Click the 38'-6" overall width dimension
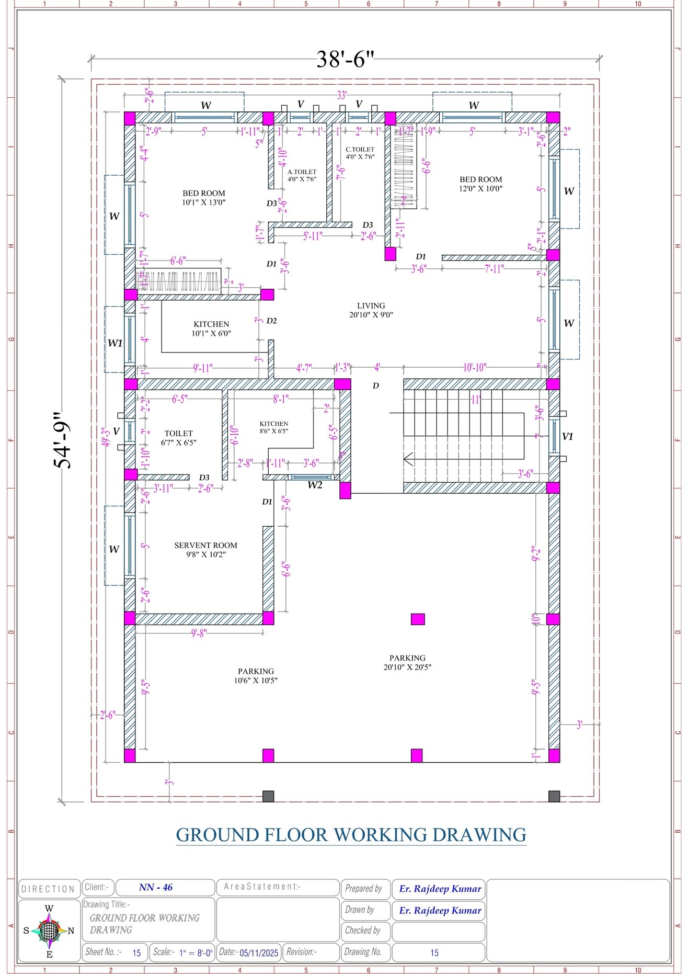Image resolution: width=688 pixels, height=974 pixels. [x=345, y=59]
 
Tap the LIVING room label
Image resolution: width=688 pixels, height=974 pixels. [x=371, y=310]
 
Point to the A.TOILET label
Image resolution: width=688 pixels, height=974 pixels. [x=302, y=175]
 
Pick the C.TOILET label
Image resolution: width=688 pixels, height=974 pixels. [x=360, y=153]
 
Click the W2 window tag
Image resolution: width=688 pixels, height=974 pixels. [x=315, y=485]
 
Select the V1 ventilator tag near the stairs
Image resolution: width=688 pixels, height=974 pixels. [x=567, y=436]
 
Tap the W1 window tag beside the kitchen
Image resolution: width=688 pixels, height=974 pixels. [x=115, y=343]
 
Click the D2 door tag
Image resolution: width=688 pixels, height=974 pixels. [x=271, y=321]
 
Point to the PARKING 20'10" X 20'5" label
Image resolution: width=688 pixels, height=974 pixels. [x=407, y=662]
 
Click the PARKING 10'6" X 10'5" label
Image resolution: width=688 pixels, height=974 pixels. [x=256, y=676]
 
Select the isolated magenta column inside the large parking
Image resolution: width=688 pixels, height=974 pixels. [x=417, y=619]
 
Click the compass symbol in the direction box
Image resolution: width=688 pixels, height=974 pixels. [x=49, y=931]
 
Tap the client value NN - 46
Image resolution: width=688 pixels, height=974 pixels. [x=156, y=887]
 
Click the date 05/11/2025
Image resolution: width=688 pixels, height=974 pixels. [x=259, y=953]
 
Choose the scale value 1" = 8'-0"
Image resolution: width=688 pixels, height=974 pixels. [x=196, y=953]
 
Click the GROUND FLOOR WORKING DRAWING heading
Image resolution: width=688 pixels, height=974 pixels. [x=351, y=834]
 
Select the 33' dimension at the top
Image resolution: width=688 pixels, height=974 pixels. [x=341, y=95]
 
